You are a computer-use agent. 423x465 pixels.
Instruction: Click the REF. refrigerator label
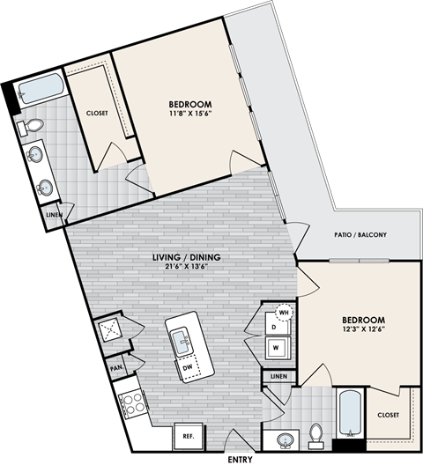click(188, 435)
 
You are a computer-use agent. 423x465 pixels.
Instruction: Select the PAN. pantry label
click(115, 367)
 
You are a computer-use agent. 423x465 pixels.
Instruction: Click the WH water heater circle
click(285, 312)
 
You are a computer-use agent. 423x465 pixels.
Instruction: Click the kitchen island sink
click(183, 338)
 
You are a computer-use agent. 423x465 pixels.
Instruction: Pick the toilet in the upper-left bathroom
click(33, 126)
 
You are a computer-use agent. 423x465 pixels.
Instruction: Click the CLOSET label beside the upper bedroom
click(96, 113)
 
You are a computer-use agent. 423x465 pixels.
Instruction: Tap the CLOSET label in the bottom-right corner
click(388, 415)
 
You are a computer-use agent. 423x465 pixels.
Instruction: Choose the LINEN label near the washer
click(279, 377)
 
